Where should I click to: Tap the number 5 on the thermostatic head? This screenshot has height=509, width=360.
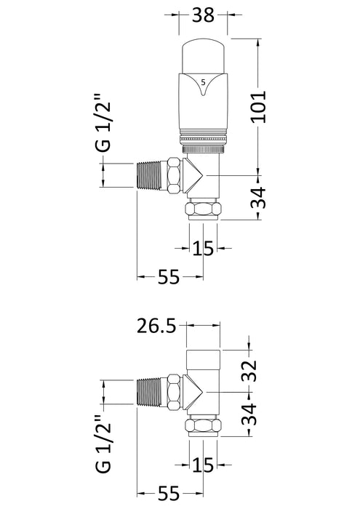(x=202, y=80)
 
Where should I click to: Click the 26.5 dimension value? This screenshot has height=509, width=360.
(x=157, y=326)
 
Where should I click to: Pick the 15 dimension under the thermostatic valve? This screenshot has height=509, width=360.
(x=203, y=248)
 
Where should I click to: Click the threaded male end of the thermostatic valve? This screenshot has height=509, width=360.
(x=151, y=176)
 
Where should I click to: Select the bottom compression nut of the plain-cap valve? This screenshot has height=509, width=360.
(x=204, y=425)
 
